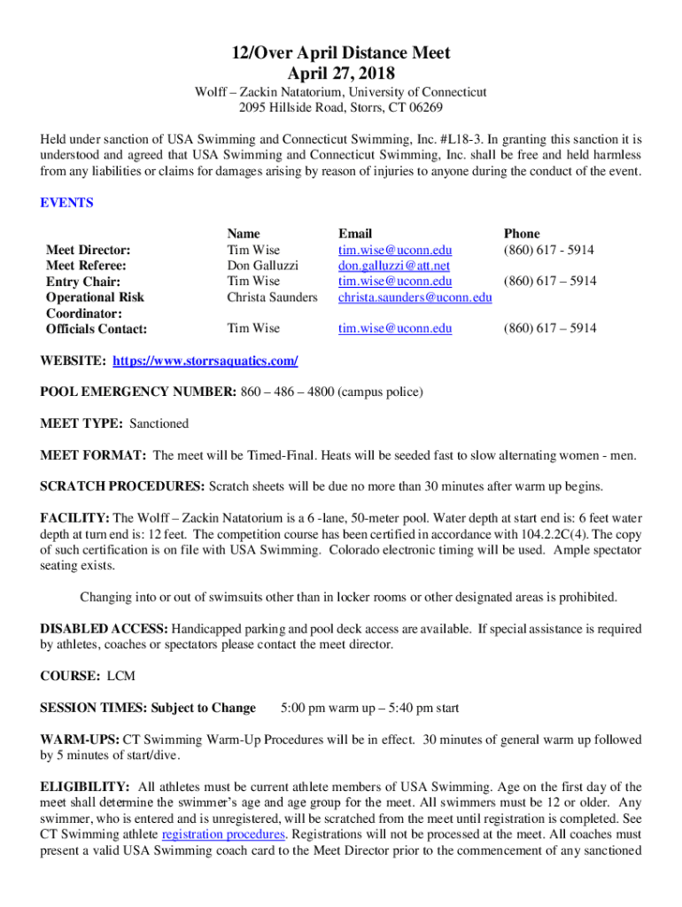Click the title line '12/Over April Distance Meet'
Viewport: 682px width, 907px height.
(341, 53)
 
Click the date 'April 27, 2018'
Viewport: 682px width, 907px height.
(341, 74)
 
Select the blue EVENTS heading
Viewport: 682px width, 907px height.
(67, 203)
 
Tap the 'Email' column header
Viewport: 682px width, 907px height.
(355, 234)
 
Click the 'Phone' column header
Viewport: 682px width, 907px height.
(522, 234)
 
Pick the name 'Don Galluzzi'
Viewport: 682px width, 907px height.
(263, 266)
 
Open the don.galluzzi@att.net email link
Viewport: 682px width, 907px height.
(394, 266)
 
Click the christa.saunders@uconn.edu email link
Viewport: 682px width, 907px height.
(415, 298)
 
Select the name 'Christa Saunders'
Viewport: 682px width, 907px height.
(272, 298)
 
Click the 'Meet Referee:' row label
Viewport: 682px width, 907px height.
(86, 266)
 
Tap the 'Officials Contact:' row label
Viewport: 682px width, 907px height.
(97, 329)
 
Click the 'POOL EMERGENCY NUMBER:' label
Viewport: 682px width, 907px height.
(138, 392)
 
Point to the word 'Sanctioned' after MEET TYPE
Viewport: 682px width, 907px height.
(159, 424)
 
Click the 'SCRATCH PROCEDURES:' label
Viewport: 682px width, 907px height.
(123, 487)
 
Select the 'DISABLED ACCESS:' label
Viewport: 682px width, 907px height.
(105, 630)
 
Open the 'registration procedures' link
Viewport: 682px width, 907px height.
(224, 835)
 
